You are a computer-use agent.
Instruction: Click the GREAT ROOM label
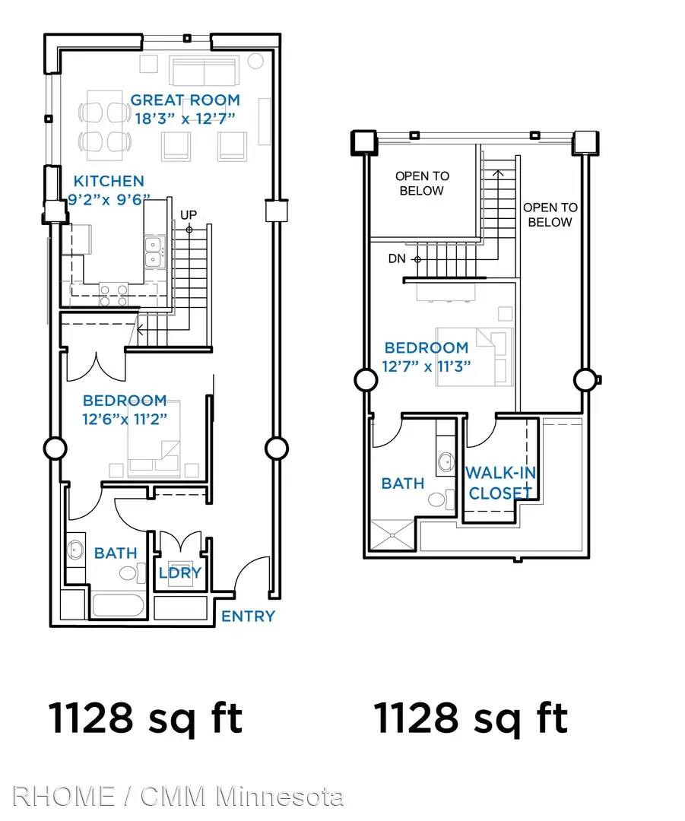[185, 100]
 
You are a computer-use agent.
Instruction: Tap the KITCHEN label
[109, 181]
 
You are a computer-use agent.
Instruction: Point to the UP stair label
[189, 214]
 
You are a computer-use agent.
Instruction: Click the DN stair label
[396, 258]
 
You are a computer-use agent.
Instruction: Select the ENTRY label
[248, 617]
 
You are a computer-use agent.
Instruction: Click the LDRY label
[180, 573]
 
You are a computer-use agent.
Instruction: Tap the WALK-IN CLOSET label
[501, 483]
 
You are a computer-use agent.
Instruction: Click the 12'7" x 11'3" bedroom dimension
[427, 366]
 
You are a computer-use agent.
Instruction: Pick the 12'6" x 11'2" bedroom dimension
[125, 420]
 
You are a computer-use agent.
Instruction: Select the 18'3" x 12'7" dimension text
[185, 119]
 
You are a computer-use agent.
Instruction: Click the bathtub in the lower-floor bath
[118, 605]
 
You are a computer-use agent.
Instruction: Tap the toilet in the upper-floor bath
[442, 499]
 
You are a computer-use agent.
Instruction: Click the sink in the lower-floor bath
[75, 550]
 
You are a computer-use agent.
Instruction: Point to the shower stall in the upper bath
[392, 534]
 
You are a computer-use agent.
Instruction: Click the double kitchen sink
[154, 252]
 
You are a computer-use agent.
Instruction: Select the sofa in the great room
[204, 71]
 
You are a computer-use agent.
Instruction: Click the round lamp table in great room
[255, 62]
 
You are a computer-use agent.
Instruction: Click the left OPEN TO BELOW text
[422, 183]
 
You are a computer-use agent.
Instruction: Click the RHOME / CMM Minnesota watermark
[178, 797]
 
